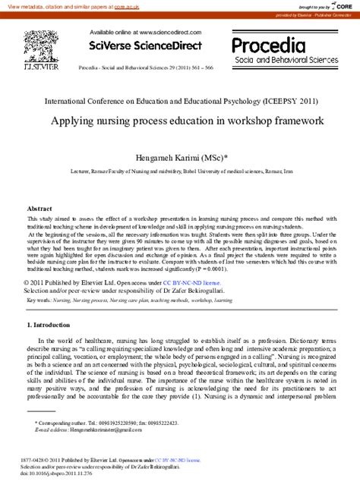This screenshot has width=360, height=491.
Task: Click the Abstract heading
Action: tap(39, 208)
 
